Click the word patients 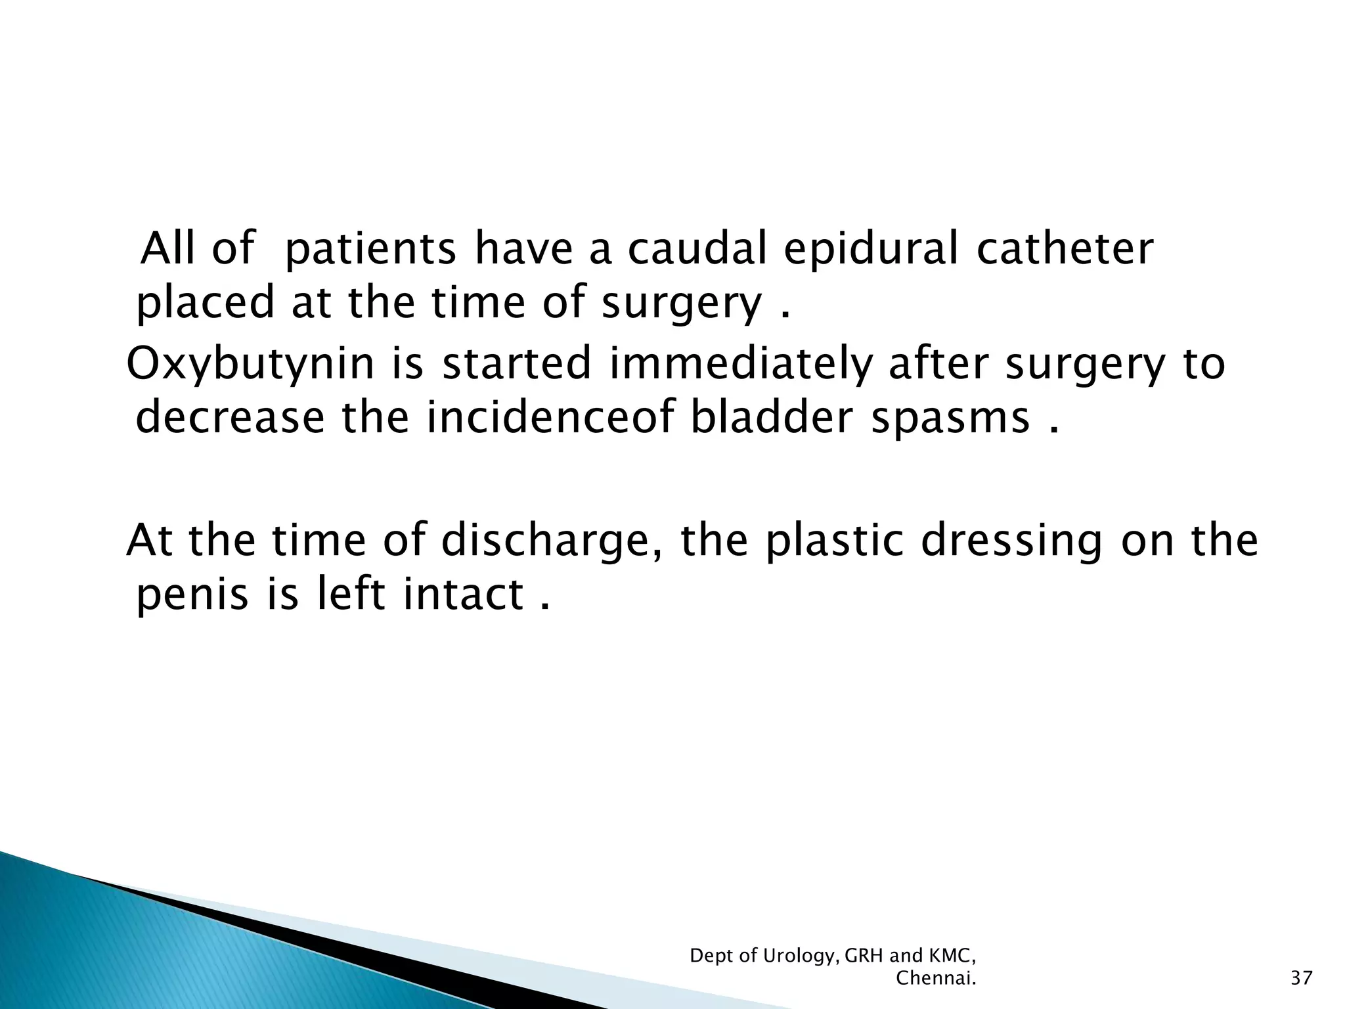(371, 251)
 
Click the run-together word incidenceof (553, 418)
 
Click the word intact (463, 594)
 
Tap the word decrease (230, 418)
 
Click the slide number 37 (1301, 978)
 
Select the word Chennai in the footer (935, 978)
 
